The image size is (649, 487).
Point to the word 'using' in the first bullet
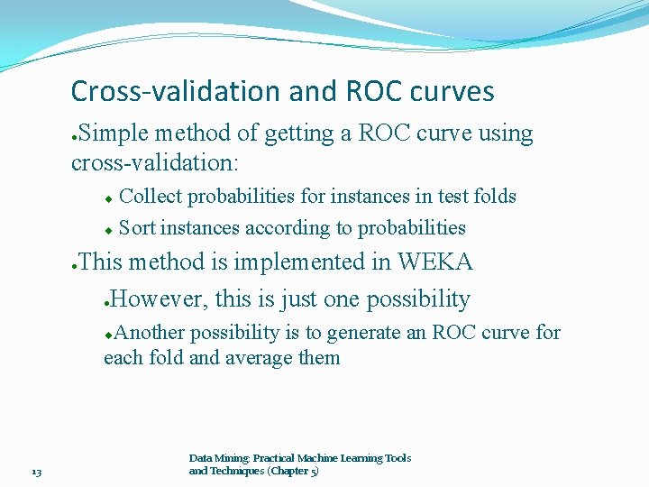506,133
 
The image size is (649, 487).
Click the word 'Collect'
151,197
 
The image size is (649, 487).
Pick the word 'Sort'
137,228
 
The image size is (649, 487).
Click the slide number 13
36,472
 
